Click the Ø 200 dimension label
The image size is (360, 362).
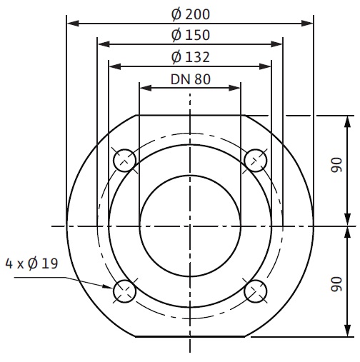click(x=191, y=14)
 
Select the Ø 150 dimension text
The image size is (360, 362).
click(x=191, y=35)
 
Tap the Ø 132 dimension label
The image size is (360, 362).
click(x=191, y=57)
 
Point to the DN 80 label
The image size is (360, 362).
click(x=191, y=79)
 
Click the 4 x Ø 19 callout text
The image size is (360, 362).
click(x=31, y=263)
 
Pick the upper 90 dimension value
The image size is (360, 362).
click(x=336, y=165)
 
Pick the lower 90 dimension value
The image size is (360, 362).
click(x=336, y=284)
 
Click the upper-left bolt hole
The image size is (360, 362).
click(x=124, y=161)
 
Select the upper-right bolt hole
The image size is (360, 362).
click(x=256, y=161)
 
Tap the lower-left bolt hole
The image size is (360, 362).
click(x=124, y=291)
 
